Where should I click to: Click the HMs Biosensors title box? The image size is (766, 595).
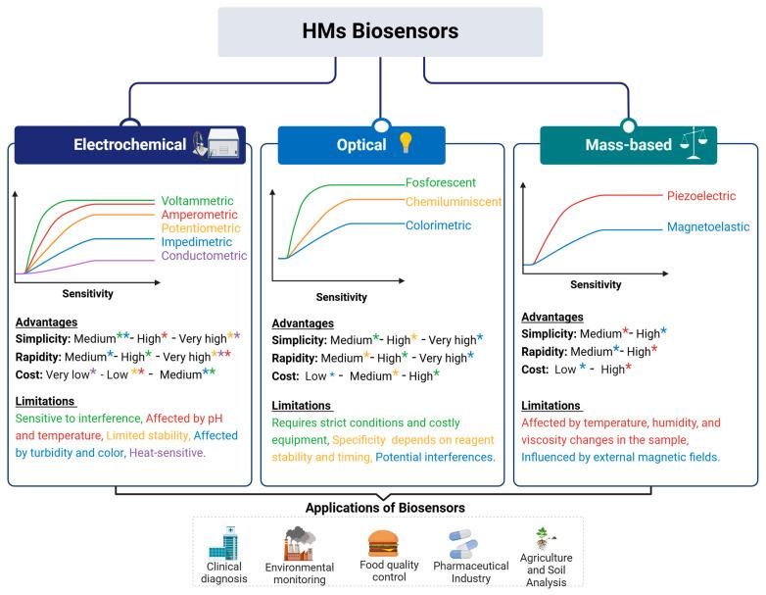point(379,31)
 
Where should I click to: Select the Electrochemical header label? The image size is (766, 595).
point(130,144)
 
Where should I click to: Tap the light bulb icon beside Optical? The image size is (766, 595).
point(406,144)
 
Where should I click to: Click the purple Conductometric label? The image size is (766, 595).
point(203,256)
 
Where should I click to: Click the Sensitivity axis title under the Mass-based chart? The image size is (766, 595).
point(594,285)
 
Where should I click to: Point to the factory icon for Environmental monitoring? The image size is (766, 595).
point(300,541)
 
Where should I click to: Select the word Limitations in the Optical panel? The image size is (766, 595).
point(303,406)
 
